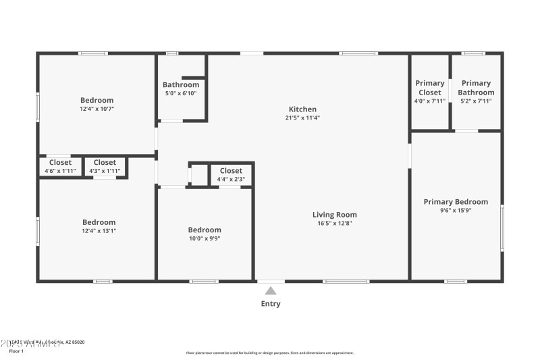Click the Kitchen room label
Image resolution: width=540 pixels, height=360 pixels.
302,109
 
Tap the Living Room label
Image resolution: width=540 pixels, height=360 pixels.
335,215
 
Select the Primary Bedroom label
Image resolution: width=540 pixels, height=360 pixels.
456,202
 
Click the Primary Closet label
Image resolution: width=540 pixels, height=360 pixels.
430,88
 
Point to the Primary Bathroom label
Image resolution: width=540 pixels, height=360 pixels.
476,88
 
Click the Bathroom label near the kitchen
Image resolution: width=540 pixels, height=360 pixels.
181,85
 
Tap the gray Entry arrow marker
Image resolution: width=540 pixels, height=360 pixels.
271,291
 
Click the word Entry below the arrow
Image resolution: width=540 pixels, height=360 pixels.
271,304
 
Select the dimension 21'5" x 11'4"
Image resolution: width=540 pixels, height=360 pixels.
302,118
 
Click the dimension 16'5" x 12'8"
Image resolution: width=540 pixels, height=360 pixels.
335,224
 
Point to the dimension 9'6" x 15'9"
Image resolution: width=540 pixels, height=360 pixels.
456,210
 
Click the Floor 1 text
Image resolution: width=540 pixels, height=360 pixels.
16,351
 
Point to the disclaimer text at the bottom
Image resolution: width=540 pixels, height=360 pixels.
270,353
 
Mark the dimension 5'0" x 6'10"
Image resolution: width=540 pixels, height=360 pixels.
181,93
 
